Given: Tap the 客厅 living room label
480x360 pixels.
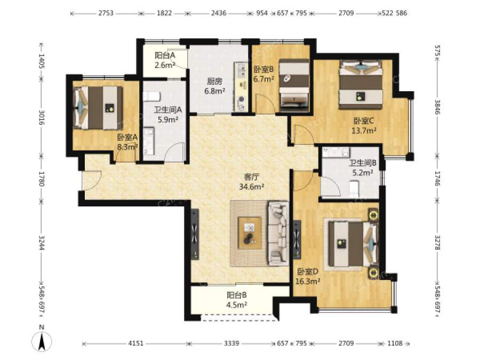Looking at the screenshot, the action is [x=252, y=177].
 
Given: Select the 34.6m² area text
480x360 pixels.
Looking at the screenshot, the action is [x=252, y=187].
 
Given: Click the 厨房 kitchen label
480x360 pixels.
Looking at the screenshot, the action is [x=214, y=81].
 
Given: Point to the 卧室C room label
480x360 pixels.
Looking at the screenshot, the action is [x=364, y=121].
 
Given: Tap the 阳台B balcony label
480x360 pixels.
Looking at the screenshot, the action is [x=237, y=295].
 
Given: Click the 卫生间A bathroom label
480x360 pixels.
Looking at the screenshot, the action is [x=167, y=109].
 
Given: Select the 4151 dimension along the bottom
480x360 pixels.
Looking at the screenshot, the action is [x=135, y=343].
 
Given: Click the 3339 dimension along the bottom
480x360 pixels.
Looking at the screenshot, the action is [x=231, y=343].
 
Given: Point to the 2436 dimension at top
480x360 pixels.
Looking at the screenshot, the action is [x=219, y=13].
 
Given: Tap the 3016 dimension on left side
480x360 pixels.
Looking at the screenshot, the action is [x=41, y=117].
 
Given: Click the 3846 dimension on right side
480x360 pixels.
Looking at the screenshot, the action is [x=438, y=107].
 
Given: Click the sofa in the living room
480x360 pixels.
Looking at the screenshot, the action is [x=278, y=233].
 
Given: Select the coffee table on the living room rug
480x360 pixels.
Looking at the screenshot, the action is [x=250, y=233].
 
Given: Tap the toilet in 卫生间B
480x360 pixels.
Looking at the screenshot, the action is [x=354, y=189].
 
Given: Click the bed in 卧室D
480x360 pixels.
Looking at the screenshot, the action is [x=353, y=244].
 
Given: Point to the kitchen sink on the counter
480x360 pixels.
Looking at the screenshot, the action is [x=241, y=70].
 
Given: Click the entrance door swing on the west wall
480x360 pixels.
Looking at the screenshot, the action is [x=91, y=180].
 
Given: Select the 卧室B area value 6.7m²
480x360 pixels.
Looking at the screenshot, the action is [x=263, y=79].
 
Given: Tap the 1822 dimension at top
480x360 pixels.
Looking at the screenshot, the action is [x=164, y=13].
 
